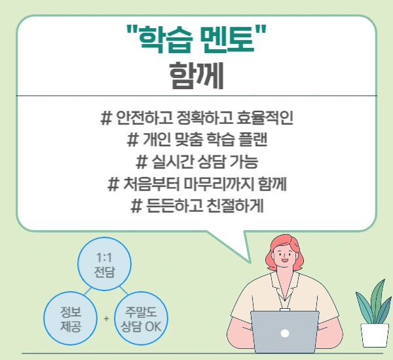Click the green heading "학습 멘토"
coord(196,40)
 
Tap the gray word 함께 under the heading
coord(196,75)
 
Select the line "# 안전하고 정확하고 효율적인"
coord(196,119)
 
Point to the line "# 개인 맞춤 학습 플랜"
coord(196,140)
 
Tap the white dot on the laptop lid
coord(284,332)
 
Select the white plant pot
coord(375,334)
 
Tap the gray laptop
coord(284,332)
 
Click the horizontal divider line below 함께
coord(196,96)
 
